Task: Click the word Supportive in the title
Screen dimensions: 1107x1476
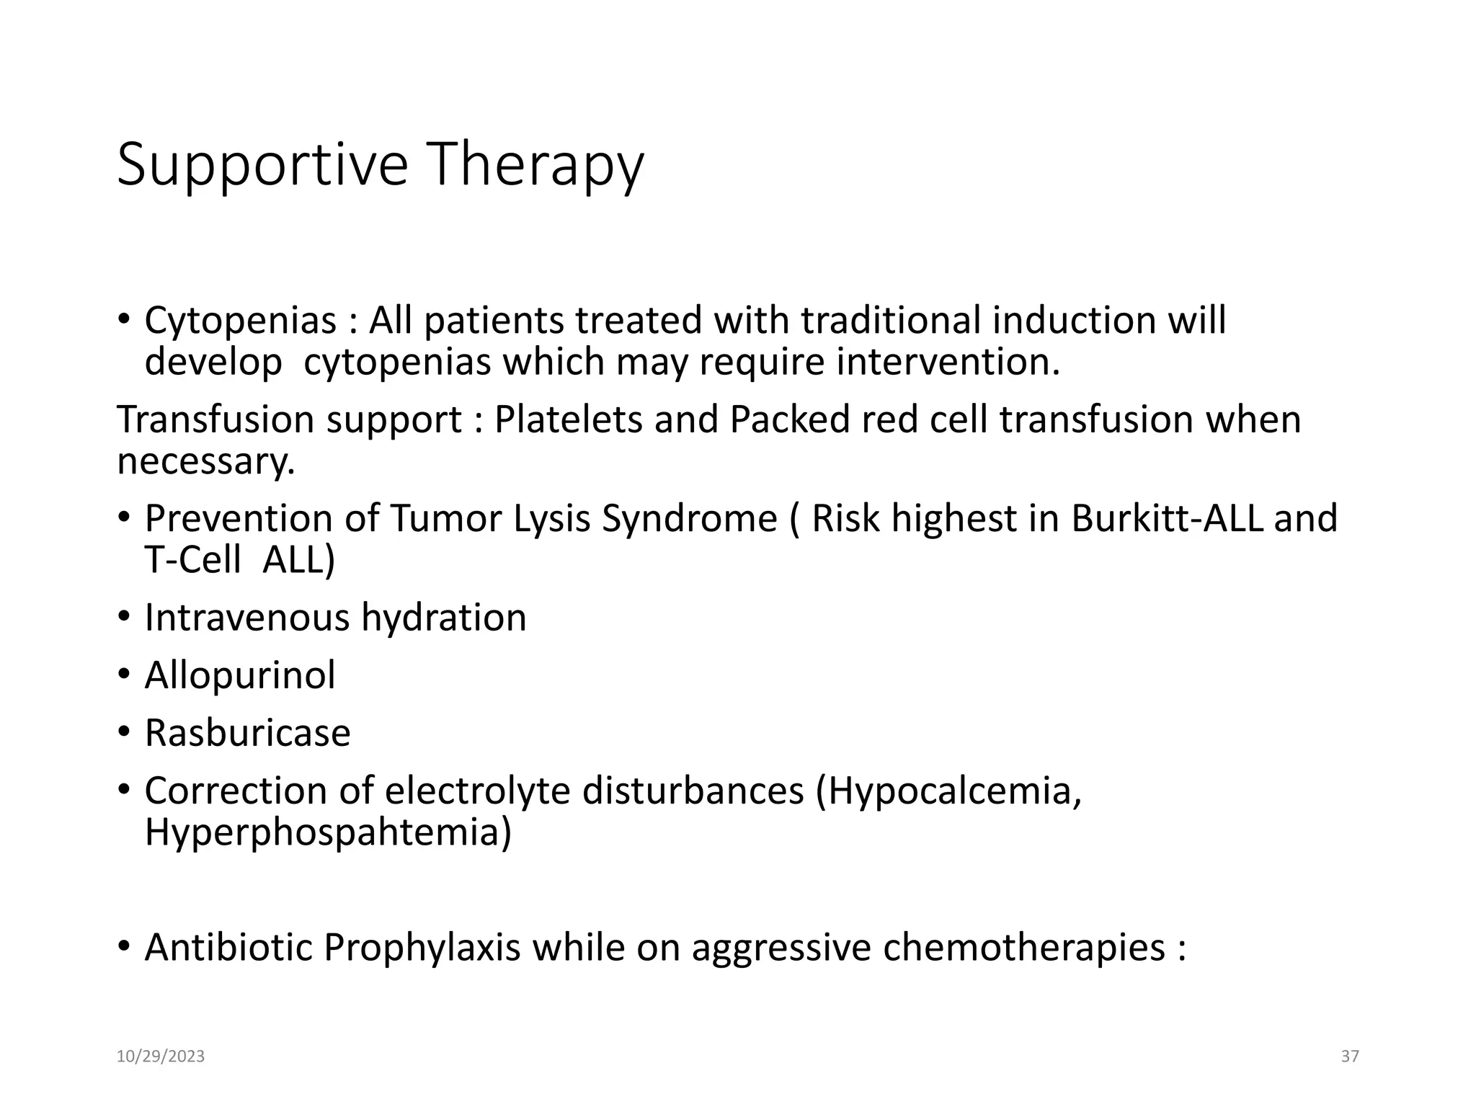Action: coord(262,166)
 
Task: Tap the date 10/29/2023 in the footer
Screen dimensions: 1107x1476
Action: coord(161,1057)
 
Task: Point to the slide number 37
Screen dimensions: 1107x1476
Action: coord(1350,1057)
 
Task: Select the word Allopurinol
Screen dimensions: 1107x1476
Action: coord(240,676)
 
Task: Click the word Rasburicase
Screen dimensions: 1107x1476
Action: coord(247,734)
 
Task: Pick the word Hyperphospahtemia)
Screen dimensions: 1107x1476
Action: coord(328,832)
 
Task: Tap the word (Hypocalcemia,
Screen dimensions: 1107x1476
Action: coord(948,791)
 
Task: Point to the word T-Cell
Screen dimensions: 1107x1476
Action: coord(192,560)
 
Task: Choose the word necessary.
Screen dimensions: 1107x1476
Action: coord(206,461)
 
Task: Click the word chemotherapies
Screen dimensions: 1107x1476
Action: coord(1023,948)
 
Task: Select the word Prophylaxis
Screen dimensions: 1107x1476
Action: coord(422,948)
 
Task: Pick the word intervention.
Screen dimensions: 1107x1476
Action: coord(948,363)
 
